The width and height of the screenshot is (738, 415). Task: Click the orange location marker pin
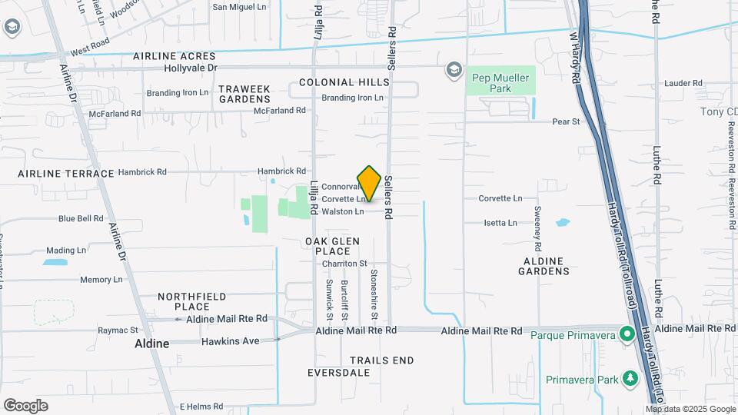pos(369,183)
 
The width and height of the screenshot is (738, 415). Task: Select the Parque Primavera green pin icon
pos(627,334)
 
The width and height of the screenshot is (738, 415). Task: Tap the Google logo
pos(25,406)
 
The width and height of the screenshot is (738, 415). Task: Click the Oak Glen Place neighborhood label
pos(332,246)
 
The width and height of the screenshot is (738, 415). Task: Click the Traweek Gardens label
pos(244,94)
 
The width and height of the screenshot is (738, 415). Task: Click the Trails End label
pos(381,360)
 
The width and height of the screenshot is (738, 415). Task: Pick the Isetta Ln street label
pos(500,223)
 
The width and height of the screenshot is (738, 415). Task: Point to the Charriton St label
pos(345,263)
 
